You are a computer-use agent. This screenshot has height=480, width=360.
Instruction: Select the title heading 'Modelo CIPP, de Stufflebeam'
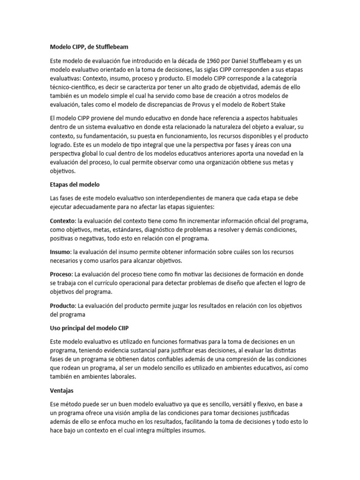pos(89,47)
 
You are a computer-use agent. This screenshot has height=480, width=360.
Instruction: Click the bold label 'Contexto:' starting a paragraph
pos(63,221)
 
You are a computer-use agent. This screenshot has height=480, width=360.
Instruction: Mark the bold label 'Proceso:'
pos(61,274)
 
